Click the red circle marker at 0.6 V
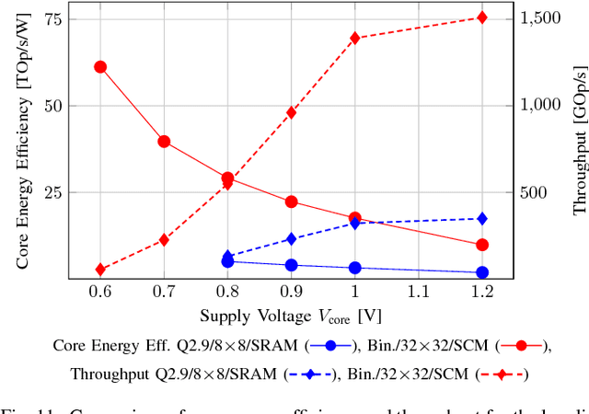pos(100,67)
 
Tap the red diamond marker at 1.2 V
pos(482,17)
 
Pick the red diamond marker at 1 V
pos(355,38)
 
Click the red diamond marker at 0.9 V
pos(292,112)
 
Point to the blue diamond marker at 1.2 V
pos(482,218)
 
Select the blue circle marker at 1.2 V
pos(482,272)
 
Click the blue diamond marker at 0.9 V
pos(292,238)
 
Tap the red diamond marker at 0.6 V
pos(100,270)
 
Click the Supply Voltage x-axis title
pos(291,316)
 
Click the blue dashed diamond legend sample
pos(310,374)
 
